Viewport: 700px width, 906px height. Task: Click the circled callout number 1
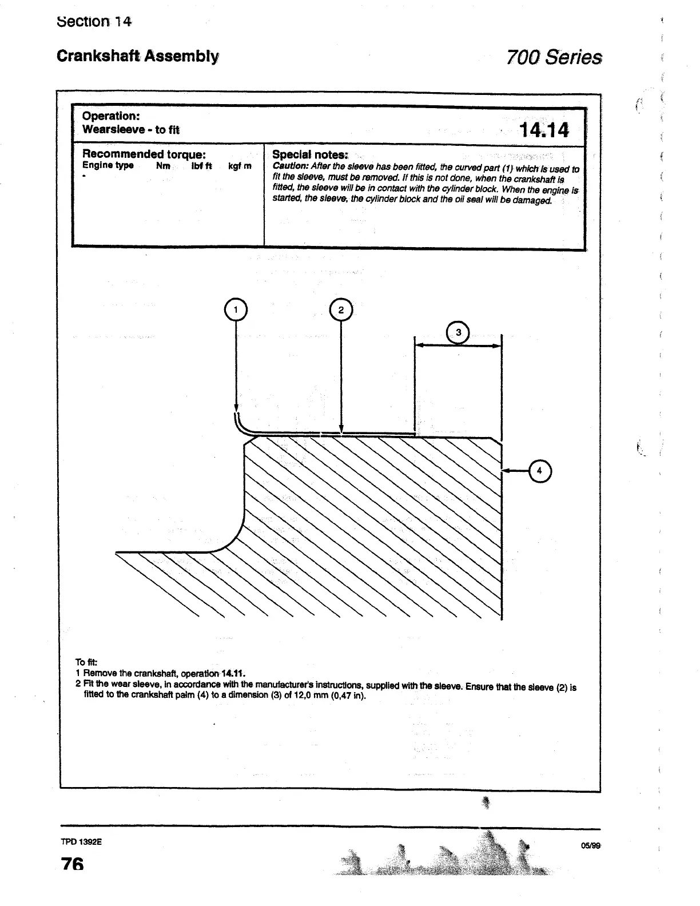(236, 310)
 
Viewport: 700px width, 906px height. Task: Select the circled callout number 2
(341, 310)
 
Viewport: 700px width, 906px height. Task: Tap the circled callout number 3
(458, 333)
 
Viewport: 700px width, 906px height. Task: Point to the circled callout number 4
(540, 471)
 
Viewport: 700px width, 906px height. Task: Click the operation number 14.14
(543, 130)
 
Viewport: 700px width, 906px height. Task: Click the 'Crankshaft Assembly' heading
(137, 56)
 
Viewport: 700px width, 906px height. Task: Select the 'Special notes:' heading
(310, 154)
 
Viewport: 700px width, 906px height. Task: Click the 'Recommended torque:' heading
(144, 154)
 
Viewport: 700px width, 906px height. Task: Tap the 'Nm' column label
(163, 166)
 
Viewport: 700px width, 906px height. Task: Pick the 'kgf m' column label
(240, 166)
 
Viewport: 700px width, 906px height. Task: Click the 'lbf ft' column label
(201, 166)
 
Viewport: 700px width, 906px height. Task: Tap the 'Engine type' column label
(108, 165)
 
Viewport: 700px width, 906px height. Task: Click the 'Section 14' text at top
(94, 22)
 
